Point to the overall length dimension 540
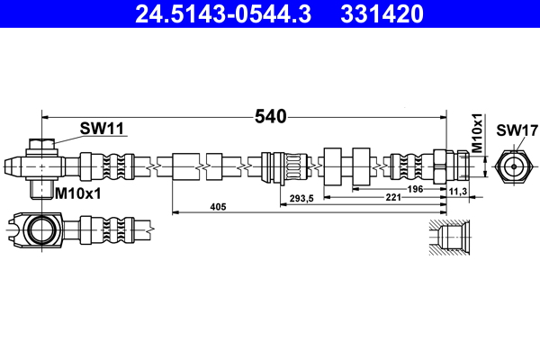coord(270,116)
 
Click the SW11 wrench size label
coord(101,128)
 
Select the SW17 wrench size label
coord(510,129)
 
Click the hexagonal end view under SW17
coord(510,166)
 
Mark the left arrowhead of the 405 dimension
coord(175,213)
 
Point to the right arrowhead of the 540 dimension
coord(443,116)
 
